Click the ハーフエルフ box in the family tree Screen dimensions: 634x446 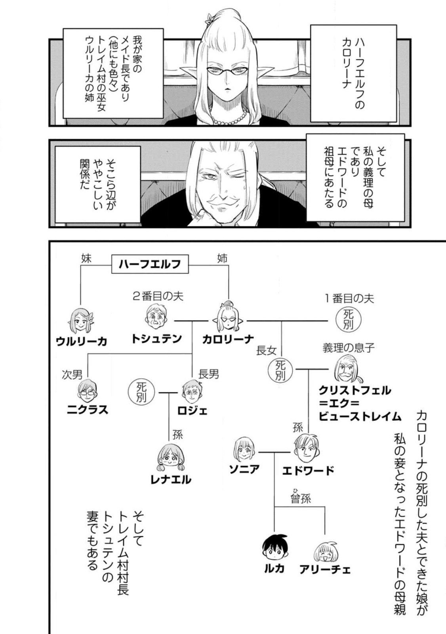(150, 264)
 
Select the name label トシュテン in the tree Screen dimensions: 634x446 (156, 339)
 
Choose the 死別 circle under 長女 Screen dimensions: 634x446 (280, 370)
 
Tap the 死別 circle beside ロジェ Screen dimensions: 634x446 (141, 392)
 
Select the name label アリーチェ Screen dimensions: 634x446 (325, 570)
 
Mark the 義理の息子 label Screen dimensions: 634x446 (348, 348)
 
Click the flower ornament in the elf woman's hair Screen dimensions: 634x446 (209, 18)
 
